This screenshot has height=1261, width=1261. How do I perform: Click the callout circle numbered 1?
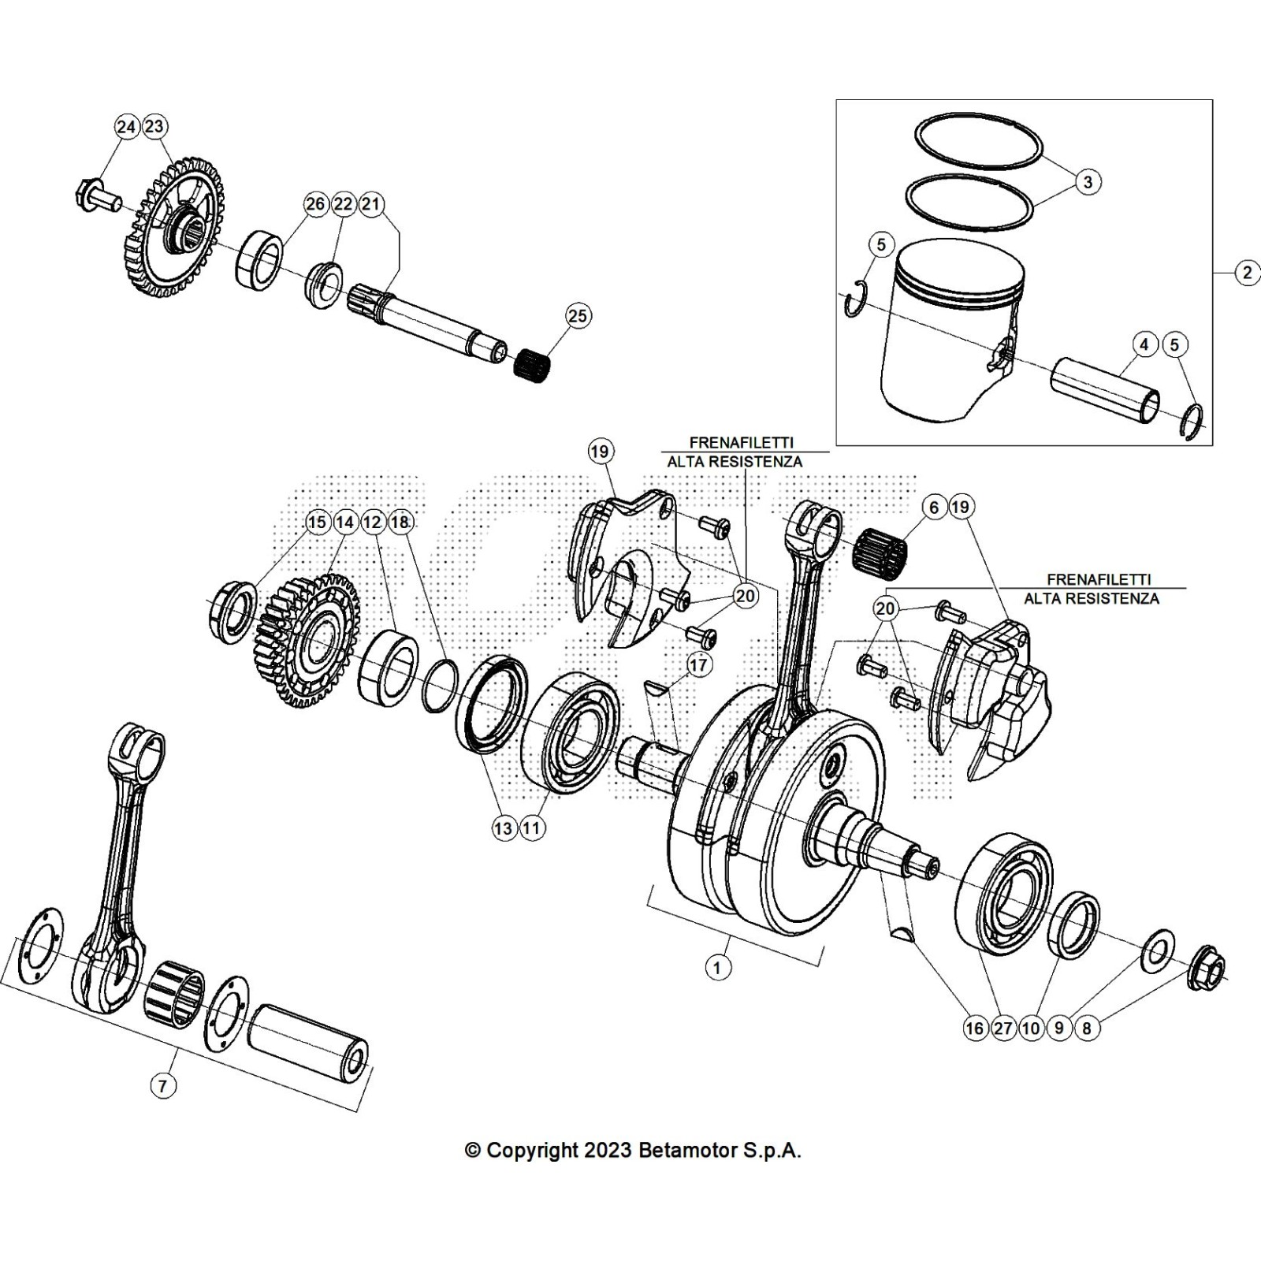(x=717, y=966)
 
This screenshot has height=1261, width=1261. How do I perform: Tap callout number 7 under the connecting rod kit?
(x=162, y=1085)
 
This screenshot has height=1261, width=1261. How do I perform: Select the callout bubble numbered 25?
(x=578, y=315)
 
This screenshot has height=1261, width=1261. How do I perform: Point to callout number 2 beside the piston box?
(x=1247, y=273)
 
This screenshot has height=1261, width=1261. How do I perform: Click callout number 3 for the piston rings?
(x=1088, y=182)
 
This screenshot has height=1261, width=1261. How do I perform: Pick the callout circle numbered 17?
(x=698, y=664)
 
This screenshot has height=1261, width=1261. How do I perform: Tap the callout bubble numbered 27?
(x=1003, y=1028)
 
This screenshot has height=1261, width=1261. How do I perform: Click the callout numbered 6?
(x=934, y=507)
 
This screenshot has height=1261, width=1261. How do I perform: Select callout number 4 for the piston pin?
(x=1144, y=344)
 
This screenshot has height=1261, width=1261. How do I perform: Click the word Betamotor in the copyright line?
(x=685, y=1150)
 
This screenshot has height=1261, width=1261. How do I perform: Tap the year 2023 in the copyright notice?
(x=607, y=1150)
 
